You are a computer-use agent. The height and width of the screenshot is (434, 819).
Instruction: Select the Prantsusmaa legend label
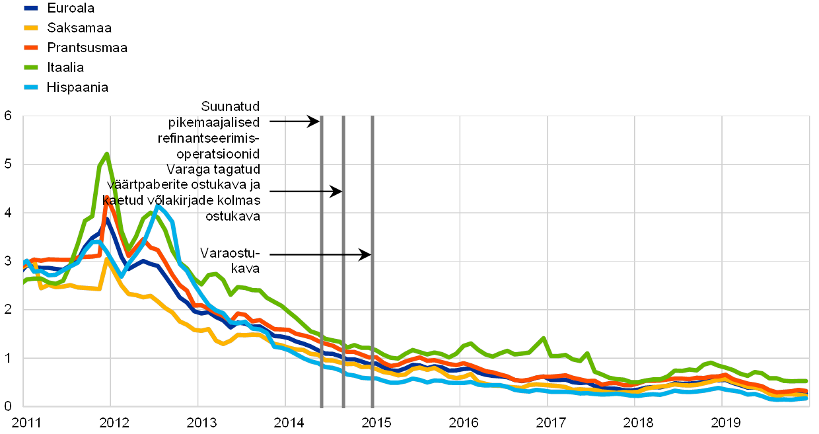[x=88, y=48]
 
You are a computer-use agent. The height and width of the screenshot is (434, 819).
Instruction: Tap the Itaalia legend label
[x=65, y=67]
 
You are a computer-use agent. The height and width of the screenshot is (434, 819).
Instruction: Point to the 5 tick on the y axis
[x=8, y=164]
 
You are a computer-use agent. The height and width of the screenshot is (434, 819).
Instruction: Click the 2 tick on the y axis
[x=8, y=309]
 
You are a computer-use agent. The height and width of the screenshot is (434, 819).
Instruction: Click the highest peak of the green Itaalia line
[x=106, y=153]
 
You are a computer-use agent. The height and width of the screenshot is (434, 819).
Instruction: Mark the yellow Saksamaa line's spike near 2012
[x=106, y=258]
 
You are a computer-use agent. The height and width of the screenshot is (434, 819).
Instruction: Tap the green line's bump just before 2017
[x=544, y=338]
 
